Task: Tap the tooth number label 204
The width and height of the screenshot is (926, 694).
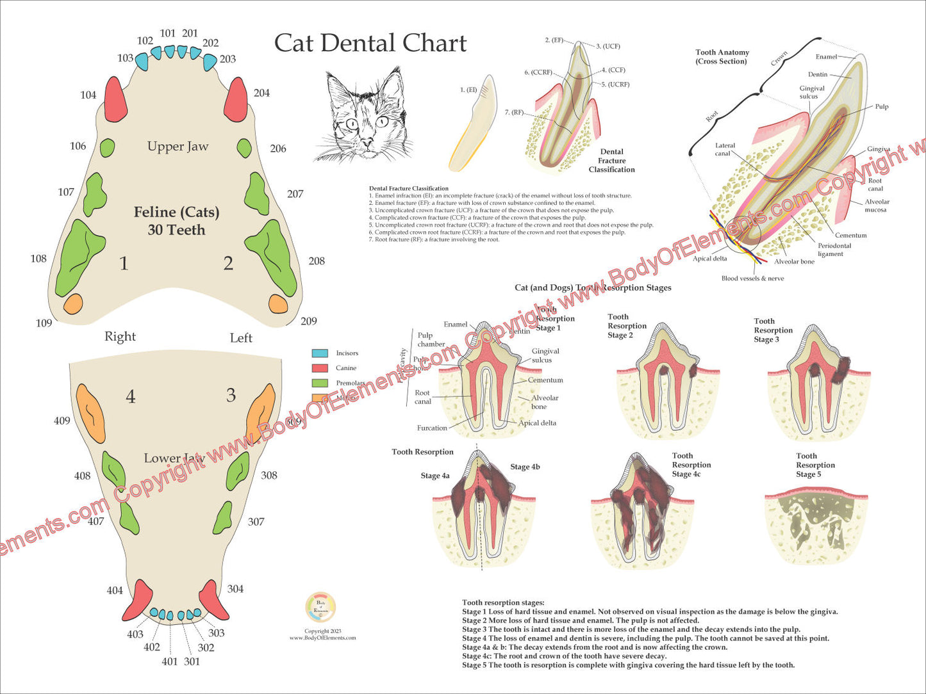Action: (261, 93)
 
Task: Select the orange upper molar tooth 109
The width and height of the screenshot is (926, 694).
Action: (73, 303)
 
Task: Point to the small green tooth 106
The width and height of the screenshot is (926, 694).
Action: (107, 148)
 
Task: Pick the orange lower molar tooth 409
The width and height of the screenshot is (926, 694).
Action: (90, 413)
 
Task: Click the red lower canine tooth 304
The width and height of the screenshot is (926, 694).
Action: (213, 599)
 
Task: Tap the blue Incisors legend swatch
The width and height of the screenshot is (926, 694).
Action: (320, 353)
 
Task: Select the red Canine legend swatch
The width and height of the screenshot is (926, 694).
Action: (320, 368)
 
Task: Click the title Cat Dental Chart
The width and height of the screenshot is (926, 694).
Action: (370, 44)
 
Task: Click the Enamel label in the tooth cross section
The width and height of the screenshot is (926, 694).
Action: (826, 57)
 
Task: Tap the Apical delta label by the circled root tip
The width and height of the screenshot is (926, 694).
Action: (709, 259)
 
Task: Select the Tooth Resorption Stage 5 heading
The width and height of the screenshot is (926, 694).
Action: (815, 465)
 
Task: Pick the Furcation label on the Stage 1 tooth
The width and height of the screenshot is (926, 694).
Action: (432, 428)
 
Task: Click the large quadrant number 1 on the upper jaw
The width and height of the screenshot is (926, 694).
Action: (124, 263)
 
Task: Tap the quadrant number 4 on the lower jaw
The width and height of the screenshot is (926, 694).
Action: (131, 397)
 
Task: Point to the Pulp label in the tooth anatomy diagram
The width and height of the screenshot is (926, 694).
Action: (882, 106)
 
